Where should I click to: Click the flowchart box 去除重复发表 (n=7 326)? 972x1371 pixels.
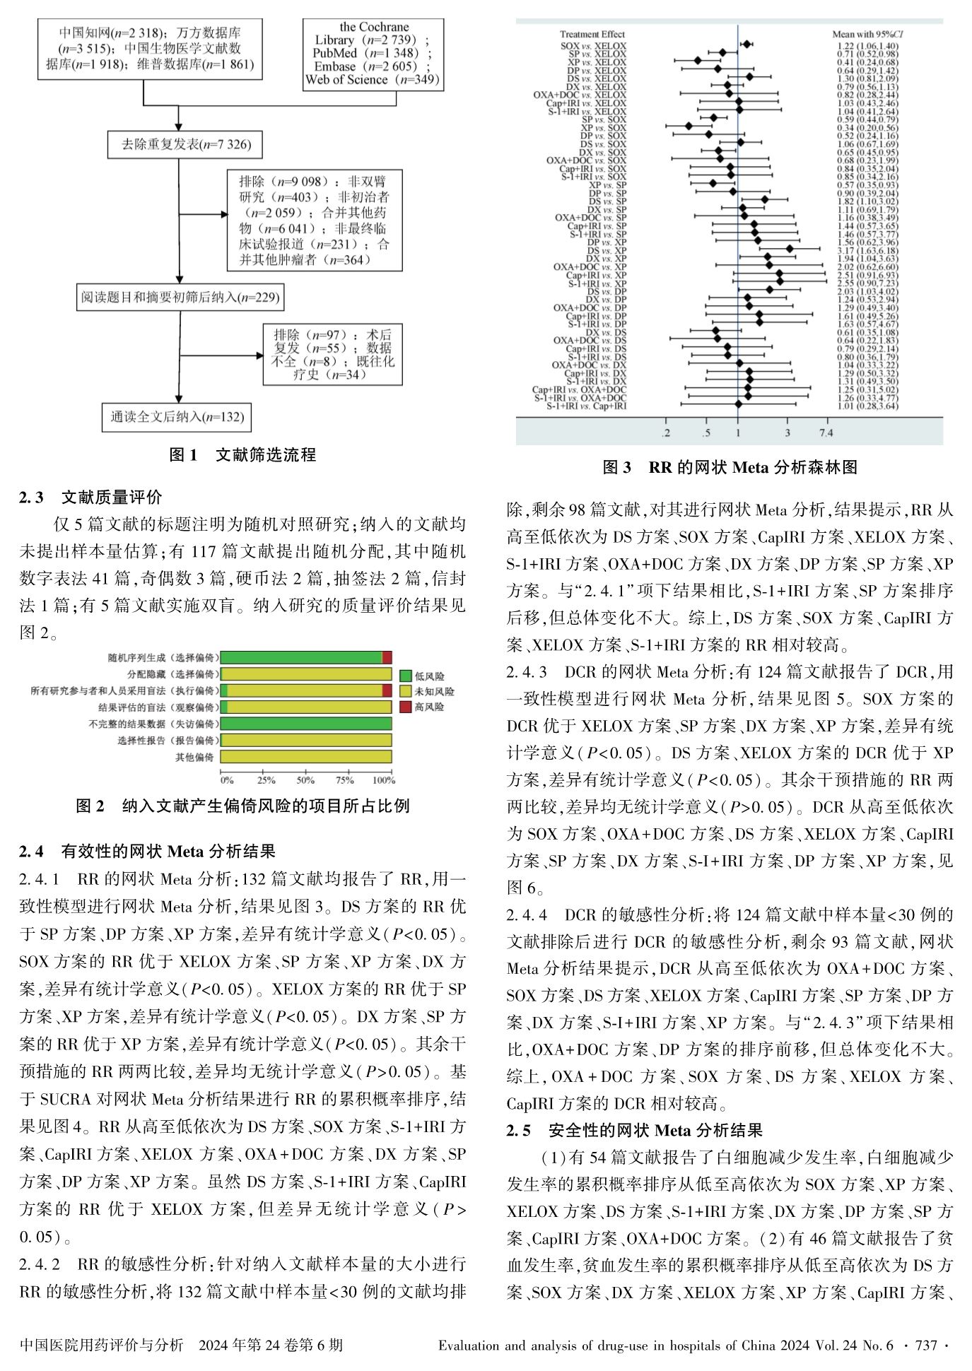tap(179, 145)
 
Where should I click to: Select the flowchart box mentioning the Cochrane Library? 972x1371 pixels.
tap(372, 54)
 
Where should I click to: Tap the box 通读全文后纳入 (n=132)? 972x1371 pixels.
tap(177, 417)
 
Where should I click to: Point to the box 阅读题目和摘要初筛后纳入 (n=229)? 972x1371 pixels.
tap(180, 298)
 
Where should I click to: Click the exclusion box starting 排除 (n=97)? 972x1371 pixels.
tap(332, 355)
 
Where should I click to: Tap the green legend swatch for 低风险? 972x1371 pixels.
tap(406, 676)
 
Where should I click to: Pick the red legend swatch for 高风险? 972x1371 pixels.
tap(406, 707)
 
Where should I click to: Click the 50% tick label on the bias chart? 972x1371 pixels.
tap(305, 780)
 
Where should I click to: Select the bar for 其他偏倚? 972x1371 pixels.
tap(305, 757)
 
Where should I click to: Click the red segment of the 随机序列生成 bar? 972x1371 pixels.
tap(387, 657)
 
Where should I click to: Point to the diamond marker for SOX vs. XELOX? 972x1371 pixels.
tap(746, 45)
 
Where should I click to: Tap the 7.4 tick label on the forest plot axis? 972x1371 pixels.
tap(826, 433)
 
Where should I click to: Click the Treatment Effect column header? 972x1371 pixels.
tap(592, 34)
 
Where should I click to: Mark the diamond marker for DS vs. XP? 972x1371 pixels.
tap(790, 249)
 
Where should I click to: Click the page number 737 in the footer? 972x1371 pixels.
tap(925, 1346)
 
